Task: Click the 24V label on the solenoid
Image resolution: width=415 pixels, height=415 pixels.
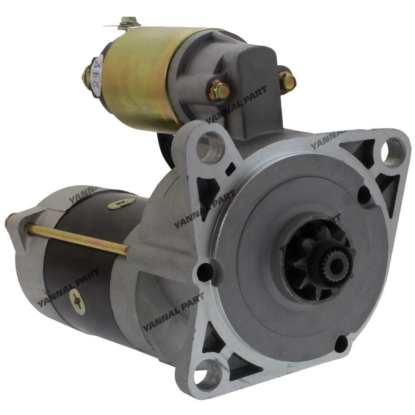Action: pos(98,77)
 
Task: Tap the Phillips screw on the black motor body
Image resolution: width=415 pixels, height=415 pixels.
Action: pos(78,301)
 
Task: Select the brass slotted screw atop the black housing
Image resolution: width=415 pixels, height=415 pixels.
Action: pos(122,204)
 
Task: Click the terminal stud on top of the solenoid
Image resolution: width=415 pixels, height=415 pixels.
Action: pos(128,22)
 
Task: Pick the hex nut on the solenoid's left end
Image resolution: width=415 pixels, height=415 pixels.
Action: pos(87,76)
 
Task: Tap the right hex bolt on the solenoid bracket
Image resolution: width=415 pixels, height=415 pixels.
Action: pos(287,82)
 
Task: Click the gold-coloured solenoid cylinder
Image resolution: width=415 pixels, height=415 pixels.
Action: pos(137,75)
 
